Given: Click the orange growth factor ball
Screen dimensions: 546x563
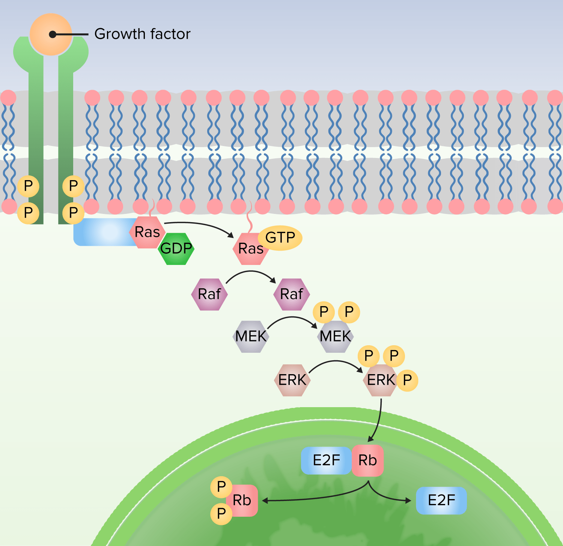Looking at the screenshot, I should [51, 35].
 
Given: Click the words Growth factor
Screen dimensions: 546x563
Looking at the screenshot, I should [142, 34].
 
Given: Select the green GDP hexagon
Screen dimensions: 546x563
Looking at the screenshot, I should [176, 249].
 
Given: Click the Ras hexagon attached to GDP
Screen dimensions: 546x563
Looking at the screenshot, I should [148, 232].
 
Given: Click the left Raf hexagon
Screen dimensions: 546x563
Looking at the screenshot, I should [209, 294].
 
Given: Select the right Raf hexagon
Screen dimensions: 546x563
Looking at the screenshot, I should [292, 294].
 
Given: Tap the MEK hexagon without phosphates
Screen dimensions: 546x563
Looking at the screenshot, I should [251, 336].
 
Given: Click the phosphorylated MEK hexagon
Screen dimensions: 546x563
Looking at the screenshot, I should [336, 337].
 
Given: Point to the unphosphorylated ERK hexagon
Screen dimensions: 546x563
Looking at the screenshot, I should [292, 380].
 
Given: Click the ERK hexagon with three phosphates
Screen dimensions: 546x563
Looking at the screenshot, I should [381, 381].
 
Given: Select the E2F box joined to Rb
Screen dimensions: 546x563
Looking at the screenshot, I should [326, 460].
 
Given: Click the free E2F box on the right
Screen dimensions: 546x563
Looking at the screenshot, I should [441, 500].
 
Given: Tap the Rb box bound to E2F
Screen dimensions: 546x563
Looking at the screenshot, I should [368, 460].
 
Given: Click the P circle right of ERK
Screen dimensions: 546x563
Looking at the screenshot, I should [407, 381].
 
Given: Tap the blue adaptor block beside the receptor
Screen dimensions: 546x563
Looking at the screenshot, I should [103, 232].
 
